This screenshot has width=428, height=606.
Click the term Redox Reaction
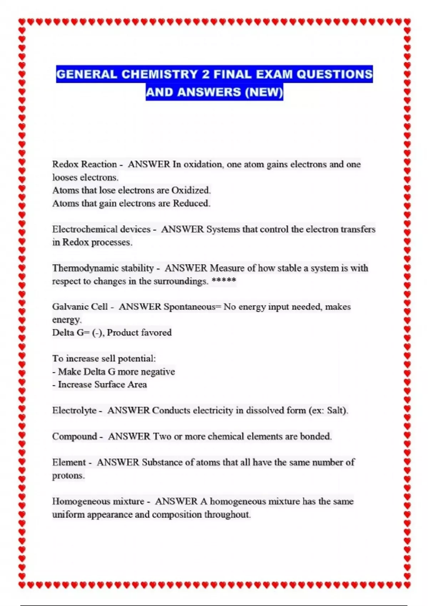point(85,164)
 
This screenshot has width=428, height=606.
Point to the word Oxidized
point(191,190)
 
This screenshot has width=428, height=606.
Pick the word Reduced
point(191,204)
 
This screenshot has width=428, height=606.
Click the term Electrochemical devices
point(101,229)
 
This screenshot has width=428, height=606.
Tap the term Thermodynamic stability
point(103,268)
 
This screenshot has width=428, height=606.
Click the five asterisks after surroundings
point(224,281)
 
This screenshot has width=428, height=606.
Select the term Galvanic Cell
point(80,307)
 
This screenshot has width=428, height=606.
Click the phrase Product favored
point(139,333)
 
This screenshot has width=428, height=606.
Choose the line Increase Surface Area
point(102,385)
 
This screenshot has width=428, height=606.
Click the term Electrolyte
point(74,411)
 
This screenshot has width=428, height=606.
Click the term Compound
point(75,437)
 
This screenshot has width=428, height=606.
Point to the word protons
point(68,476)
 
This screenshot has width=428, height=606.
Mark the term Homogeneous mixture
point(98,502)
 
